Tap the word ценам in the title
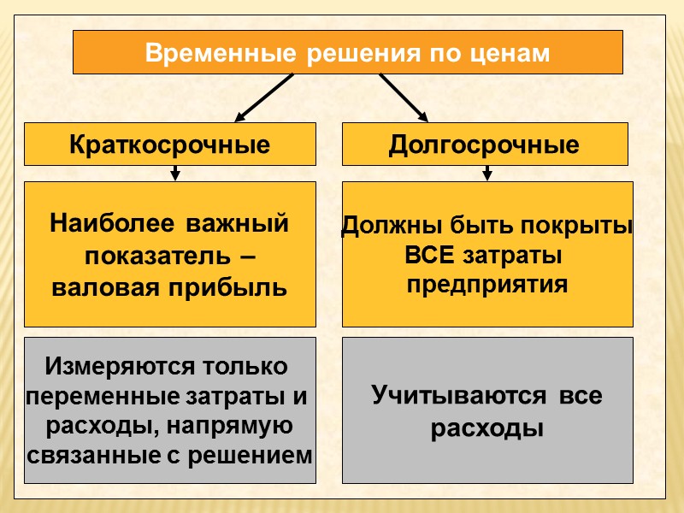click(512, 53)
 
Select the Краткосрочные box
click(169, 144)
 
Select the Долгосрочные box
click(484, 144)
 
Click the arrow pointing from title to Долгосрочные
click(404, 97)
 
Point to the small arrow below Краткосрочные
click(174, 173)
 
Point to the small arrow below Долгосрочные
click(486, 173)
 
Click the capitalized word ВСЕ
click(432, 256)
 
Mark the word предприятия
click(486, 285)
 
